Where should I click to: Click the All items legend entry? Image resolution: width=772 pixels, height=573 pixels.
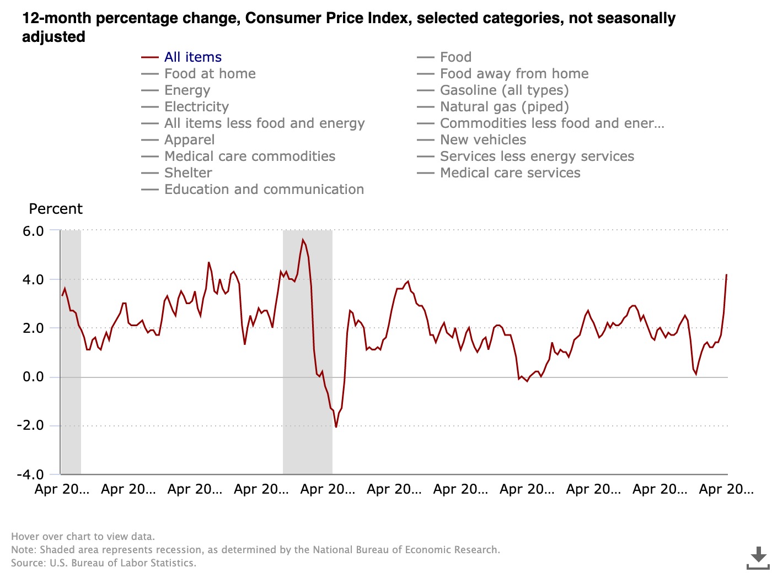point(192,57)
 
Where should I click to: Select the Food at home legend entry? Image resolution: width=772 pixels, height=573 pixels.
point(210,74)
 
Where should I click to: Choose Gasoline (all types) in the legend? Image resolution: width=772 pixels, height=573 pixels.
point(504,90)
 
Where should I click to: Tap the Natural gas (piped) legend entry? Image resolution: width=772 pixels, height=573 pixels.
point(504,107)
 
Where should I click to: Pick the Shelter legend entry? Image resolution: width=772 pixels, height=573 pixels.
point(188,173)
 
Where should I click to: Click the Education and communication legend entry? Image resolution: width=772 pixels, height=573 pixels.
point(264,190)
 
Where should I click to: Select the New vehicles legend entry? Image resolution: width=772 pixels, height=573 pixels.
point(483,140)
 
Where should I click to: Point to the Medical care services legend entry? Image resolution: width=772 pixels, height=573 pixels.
point(510,173)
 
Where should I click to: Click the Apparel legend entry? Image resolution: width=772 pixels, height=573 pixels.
point(189,140)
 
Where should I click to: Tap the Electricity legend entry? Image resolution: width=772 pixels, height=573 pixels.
point(196,107)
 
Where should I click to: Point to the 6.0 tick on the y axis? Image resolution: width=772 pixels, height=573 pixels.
point(33,231)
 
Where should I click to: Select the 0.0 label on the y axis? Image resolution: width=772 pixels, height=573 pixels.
point(33,377)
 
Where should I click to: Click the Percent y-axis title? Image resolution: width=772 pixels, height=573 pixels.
point(56,209)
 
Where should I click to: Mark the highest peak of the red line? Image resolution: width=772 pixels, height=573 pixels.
point(303,240)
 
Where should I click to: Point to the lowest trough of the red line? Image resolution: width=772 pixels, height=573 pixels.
point(336,426)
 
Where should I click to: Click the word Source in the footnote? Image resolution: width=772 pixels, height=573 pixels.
point(28,563)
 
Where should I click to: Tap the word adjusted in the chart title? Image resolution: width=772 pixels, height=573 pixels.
point(53,37)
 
